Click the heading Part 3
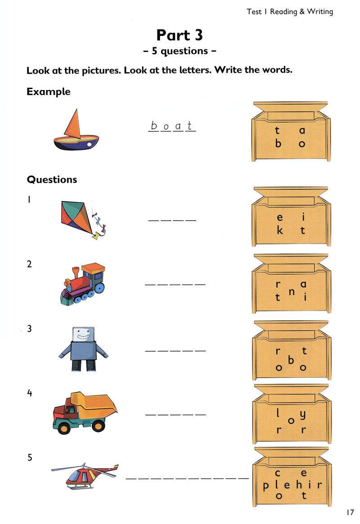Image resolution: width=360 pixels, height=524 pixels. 180,35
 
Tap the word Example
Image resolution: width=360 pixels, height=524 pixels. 49,91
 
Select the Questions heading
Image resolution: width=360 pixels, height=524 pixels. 52,180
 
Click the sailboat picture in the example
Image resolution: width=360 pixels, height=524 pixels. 76,130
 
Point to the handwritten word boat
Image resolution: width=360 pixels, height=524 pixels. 171,126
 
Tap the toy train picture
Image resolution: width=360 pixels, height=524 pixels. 83,284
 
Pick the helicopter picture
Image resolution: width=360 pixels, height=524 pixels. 85,476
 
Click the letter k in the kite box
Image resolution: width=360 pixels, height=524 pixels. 280,230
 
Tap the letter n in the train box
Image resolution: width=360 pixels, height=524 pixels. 292,292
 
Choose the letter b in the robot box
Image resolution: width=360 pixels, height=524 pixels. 291,360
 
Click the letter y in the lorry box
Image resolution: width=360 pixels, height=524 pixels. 302,415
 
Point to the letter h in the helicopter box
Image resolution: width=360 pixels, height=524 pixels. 299,484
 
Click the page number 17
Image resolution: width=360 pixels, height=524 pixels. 350,512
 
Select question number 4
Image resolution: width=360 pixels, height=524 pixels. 30,393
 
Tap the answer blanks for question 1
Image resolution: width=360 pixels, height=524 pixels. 172,220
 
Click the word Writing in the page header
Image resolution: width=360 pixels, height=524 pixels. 320,12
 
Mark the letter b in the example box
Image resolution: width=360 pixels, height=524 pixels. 278,143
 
